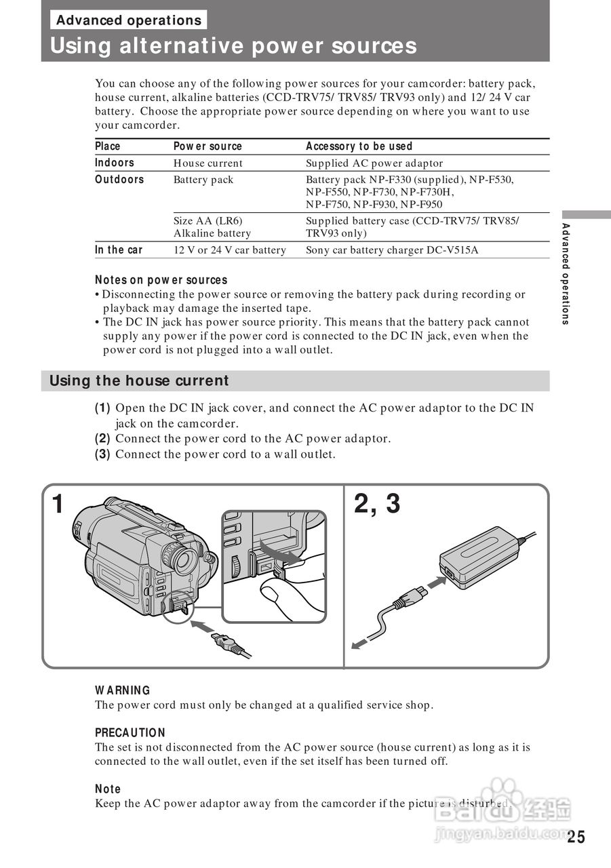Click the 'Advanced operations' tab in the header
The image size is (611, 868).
point(129,20)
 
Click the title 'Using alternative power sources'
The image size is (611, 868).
point(233,46)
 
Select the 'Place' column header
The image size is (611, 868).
point(108,146)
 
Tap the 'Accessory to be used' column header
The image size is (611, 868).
point(359,146)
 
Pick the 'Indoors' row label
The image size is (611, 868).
point(115,163)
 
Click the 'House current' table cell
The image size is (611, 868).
point(208,163)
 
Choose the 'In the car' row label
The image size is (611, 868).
point(119,250)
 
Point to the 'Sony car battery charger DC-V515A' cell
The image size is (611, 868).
point(392,250)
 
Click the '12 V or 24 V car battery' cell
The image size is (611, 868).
point(230,250)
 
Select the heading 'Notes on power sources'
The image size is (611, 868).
point(161,280)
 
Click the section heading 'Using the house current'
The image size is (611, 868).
point(139,381)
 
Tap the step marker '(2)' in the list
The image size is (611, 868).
point(102,439)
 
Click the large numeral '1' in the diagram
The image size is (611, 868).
point(59,505)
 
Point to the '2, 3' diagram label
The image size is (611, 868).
point(377,505)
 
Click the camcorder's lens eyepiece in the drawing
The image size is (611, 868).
point(183,559)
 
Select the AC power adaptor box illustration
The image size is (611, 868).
point(478,557)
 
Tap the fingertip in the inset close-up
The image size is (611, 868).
point(271,594)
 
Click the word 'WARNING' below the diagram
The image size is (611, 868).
point(123,690)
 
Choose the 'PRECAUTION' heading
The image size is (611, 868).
point(130,733)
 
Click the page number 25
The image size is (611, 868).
point(576,837)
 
